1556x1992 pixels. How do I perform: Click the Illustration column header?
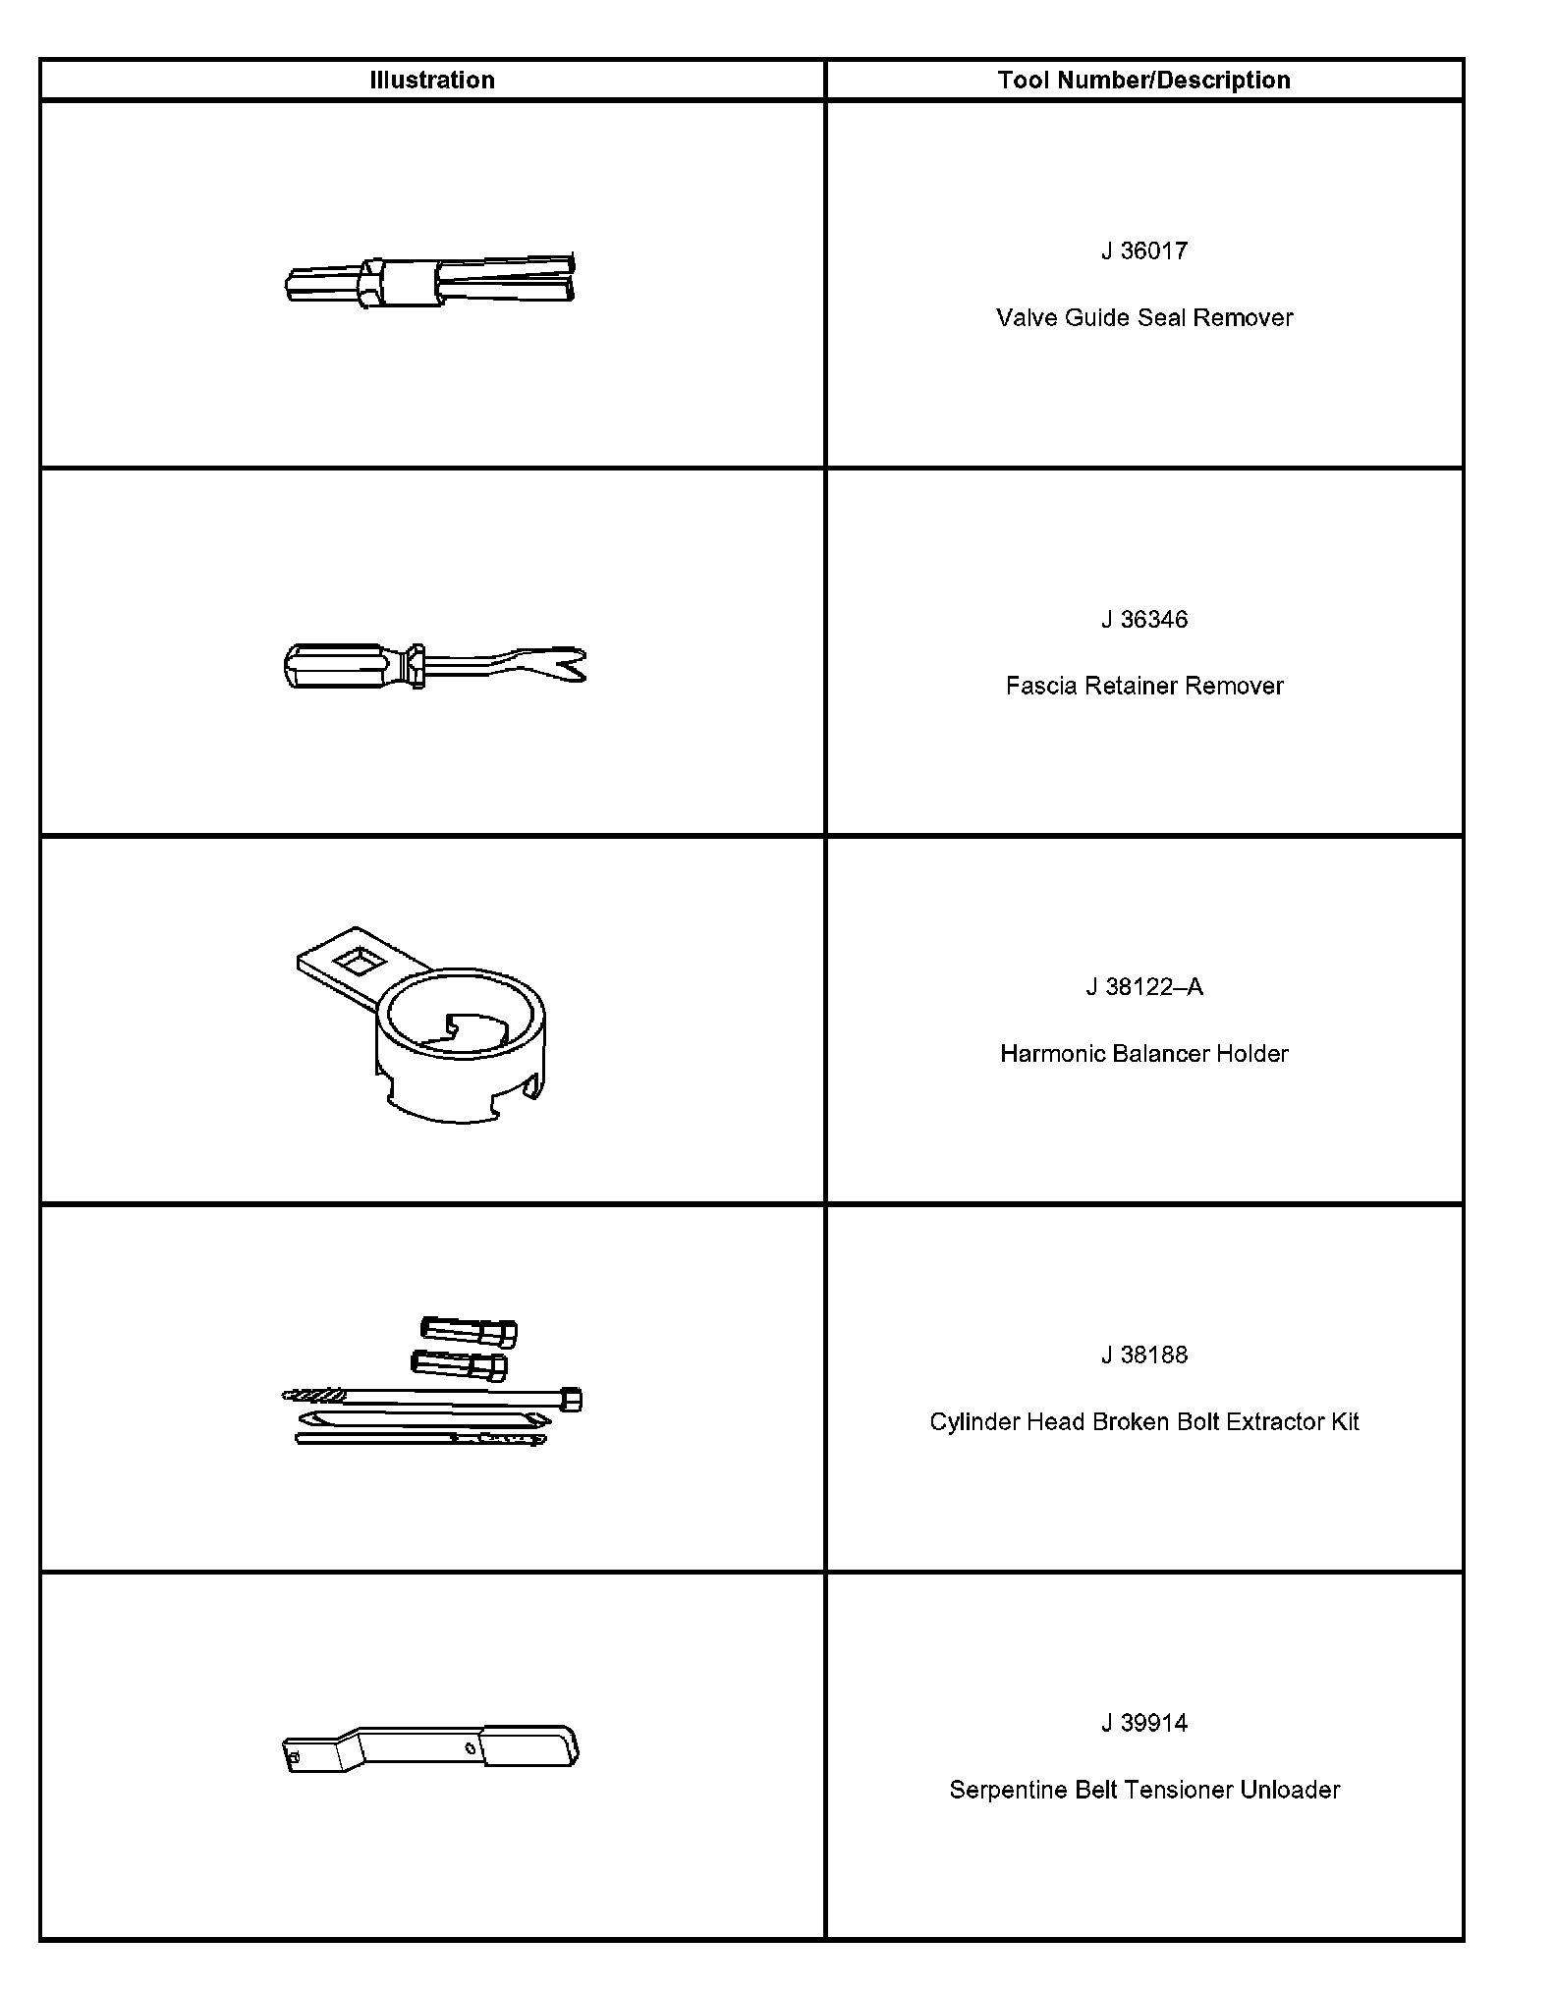pos(431,81)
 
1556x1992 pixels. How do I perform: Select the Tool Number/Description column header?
pos(1143,81)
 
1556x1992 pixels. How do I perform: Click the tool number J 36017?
pos(1143,251)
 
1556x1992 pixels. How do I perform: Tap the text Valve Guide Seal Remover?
pos(1143,318)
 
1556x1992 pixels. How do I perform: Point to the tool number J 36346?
pos(1143,620)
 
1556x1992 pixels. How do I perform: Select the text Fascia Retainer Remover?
pos(1143,687)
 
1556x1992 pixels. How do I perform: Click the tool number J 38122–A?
pos(1143,987)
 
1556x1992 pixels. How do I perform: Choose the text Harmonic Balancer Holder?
pos(1143,1054)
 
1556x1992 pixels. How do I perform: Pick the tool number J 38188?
pos(1143,1356)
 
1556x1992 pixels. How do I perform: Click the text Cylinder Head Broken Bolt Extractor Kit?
pos(1143,1422)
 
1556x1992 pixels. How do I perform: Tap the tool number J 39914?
pos(1143,1724)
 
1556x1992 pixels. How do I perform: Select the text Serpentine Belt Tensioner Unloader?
pos(1143,1791)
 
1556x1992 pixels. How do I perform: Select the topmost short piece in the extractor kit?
pos(469,1331)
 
